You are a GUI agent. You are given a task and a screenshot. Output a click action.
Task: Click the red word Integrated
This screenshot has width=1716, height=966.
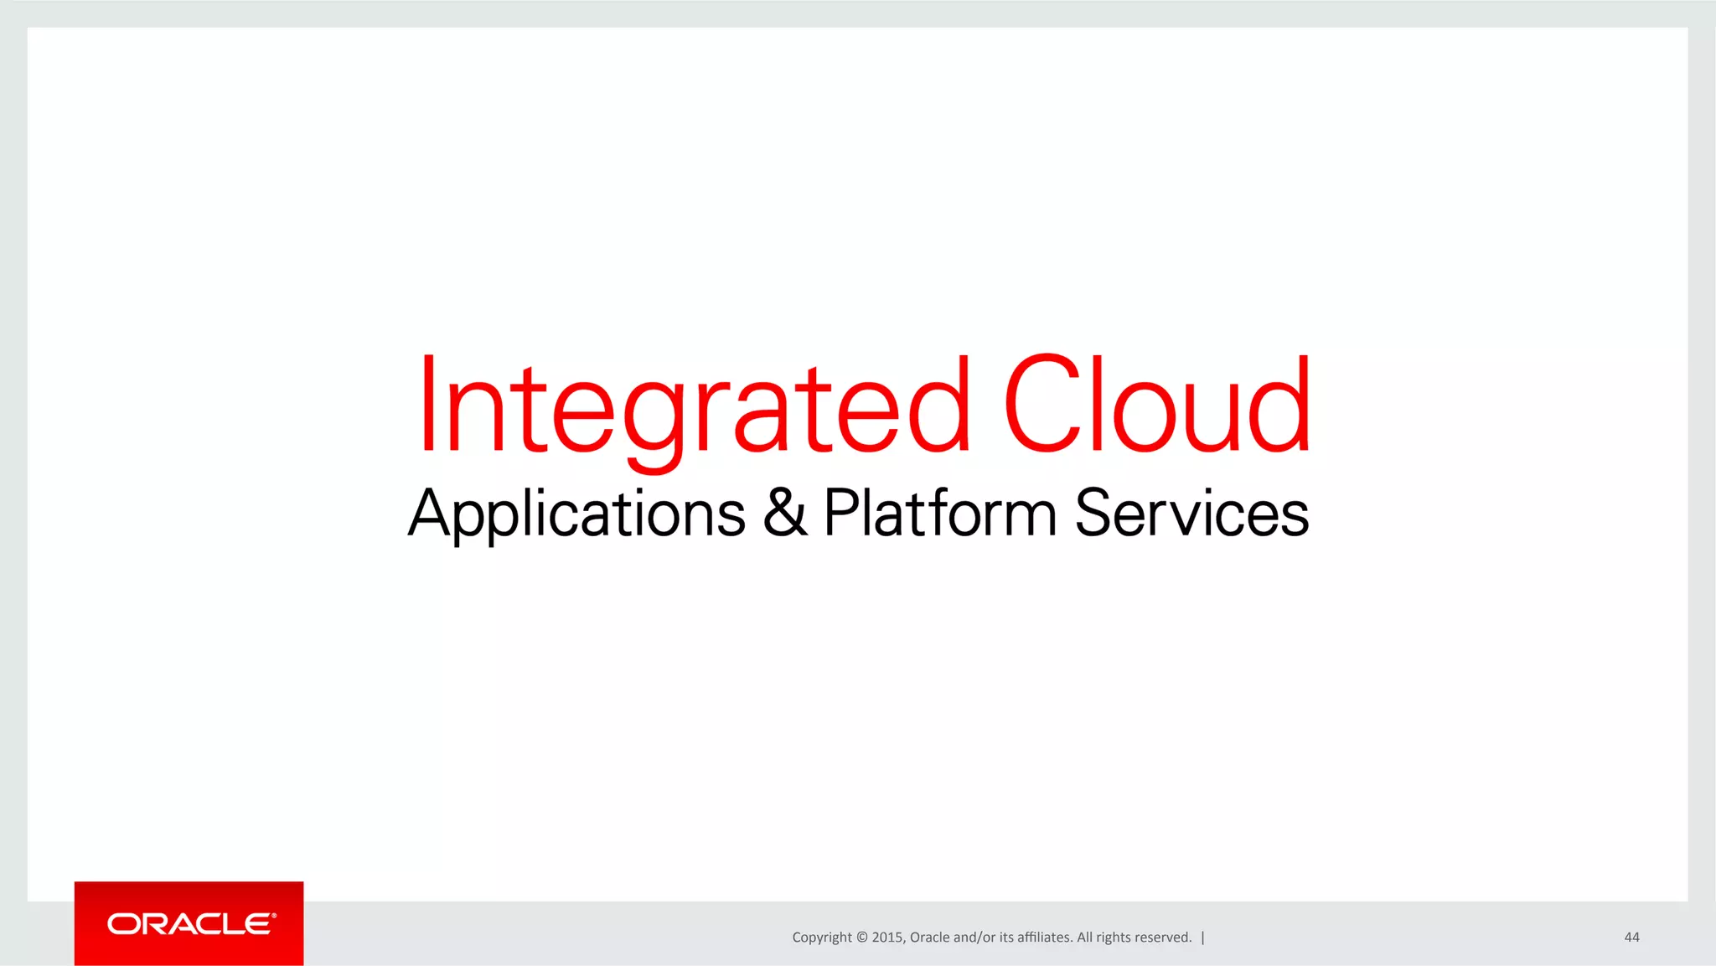click(x=694, y=406)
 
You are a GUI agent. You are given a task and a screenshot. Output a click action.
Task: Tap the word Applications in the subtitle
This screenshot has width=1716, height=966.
click(x=576, y=514)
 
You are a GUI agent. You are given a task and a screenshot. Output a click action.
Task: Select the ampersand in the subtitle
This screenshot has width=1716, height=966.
click(x=785, y=513)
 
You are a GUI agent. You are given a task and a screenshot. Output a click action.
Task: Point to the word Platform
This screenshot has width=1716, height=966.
click(x=940, y=513)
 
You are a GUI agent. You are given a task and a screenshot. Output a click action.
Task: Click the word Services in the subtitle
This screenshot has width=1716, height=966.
click(x=1191, y=513)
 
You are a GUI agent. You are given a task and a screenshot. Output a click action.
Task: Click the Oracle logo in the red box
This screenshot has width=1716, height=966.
click(x=191, y=924)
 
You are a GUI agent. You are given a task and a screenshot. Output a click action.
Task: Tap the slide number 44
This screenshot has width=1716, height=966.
click(x=1631, y=938)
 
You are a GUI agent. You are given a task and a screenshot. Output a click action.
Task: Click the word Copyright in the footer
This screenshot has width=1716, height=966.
click(x=821, y=938)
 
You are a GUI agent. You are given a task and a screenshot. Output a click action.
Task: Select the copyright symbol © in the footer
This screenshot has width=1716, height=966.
click(x=862, y=938)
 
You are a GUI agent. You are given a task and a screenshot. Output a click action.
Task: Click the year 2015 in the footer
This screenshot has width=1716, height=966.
click(x=886, y=938)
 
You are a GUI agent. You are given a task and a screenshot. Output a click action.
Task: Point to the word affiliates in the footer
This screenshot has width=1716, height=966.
click(x=1044, y=938)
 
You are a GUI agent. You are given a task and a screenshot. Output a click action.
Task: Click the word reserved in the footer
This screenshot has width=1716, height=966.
click(x=1164, y=938)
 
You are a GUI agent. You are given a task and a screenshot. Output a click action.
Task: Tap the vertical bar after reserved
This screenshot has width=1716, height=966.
click(x=1202, y=938)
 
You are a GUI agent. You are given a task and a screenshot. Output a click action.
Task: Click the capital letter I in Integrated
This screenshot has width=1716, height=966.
click(x=427, y=404)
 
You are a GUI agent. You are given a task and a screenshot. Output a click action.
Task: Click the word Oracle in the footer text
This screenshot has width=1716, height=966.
click(x=929, y=938)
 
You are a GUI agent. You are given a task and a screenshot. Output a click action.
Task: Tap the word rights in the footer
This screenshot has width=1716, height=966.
click(x=1114, y=938)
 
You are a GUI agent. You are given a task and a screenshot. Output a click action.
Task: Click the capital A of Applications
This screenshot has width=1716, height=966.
click(x=430, y=513)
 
